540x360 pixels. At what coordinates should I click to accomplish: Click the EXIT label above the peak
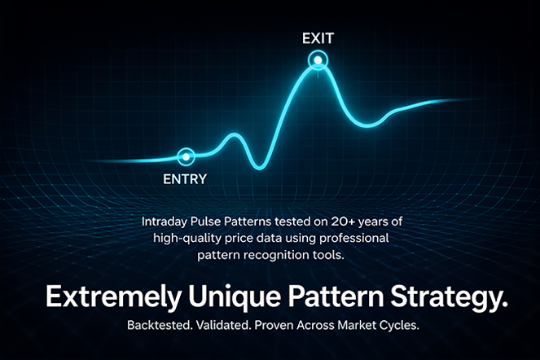(318, 38)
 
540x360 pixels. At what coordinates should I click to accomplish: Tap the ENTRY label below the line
(185, 179)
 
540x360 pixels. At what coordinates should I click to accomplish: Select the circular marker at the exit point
(318, 60)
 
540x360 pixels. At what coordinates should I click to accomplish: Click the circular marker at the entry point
(186, 156)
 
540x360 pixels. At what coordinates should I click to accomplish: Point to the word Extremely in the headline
(113, 297)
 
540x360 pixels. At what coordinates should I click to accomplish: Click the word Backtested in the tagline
(160, 325)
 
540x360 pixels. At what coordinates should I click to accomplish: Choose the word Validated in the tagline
(223, 325)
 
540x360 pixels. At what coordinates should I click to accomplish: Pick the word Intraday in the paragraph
(165, 222)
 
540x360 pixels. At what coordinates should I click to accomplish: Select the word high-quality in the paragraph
(187, 239)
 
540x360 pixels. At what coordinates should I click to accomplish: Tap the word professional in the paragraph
(354, 239)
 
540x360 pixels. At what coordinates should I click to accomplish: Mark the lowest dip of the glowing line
(259, 168)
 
